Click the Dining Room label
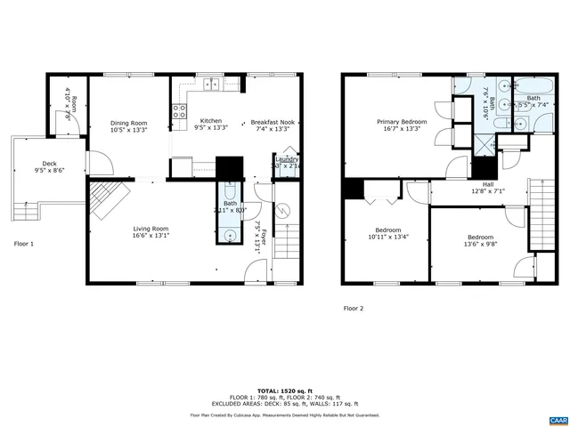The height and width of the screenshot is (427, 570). pyautogui.click(x=128, y=123)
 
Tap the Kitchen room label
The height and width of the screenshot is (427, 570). pyautogui.click(x=211, y=121)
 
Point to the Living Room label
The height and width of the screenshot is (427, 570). pyautogui.click(x=151, y=229)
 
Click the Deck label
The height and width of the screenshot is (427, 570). pyautogui.click(x=50, y=164)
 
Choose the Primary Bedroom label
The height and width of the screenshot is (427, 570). pyautogui.click(x=401, y=121)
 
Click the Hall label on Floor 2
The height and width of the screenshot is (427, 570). pyautogui.click(x=487, y=184)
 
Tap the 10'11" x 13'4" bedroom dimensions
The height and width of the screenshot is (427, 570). pyautogui.click(x=387, y=237)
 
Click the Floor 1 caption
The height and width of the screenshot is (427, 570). pyautogui.click(x=24, y=242)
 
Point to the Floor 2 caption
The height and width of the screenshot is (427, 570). pyautogui.click(x=354, y=309)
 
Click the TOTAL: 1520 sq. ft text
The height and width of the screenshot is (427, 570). pyautogui.click(x=285, y=391)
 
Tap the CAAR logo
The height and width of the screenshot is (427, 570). pyautogui.click(x=558, y=419)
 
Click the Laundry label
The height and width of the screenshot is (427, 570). pyautogui.click(x=286, y=159)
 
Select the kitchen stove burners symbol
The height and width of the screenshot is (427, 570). pyautogui.click(x=178, y=111)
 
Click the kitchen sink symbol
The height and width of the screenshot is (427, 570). pyautogui.click(x=211, y=85)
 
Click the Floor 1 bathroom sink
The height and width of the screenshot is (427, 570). pyautogui.click(x=231, y=235)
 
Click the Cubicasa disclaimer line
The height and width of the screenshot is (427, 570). pyautogui.click(x=285, y=415)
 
